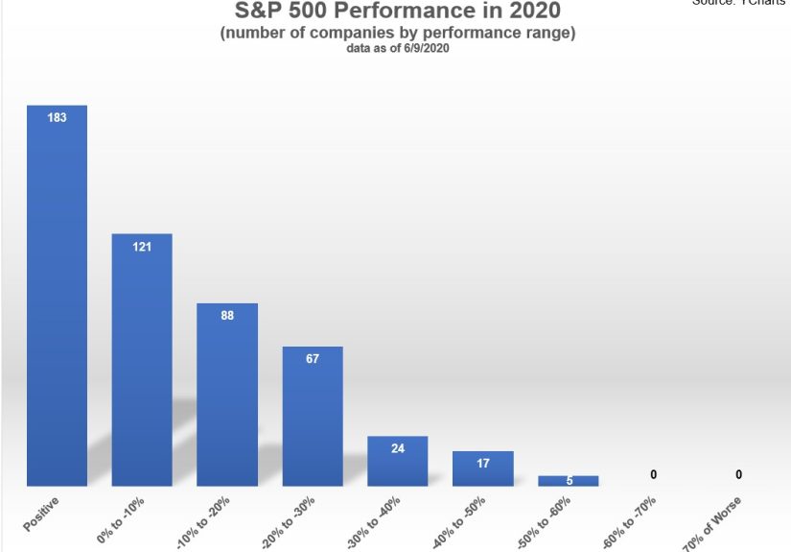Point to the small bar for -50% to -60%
(x=569, y=480)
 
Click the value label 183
(x=57, y=118)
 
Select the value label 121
(x=142, y=247)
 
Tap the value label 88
(x=227, y=315)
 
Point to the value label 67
(x=313, y=359)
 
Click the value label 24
(x=397, y=448)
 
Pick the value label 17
(x=482, y=463)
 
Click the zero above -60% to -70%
(x=653, y=474)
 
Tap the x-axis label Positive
(x=43, y=516)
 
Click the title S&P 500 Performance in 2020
(x=397, y=12)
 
